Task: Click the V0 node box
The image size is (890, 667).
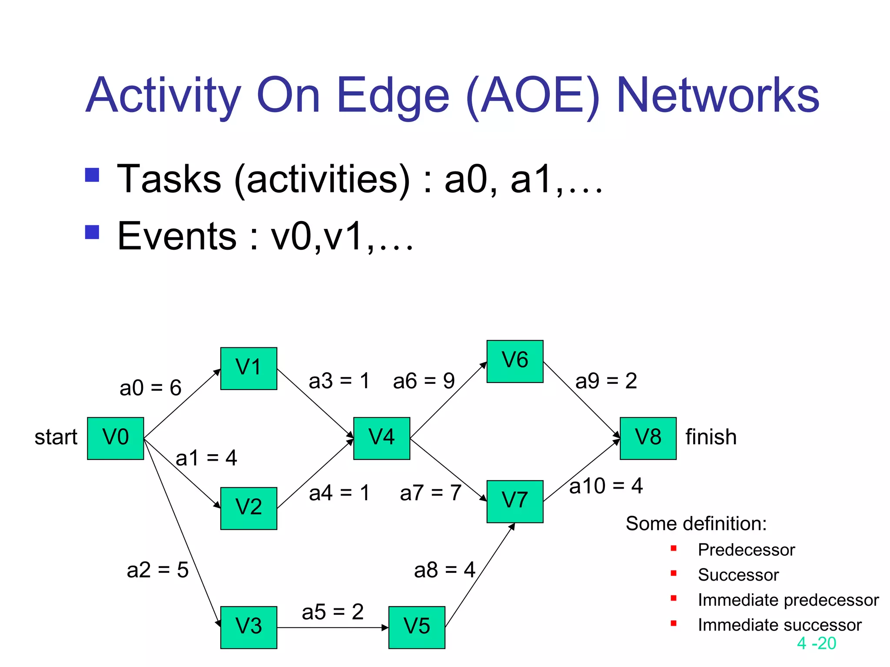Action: click(x=115, y=438)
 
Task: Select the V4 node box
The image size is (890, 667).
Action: click(x=382, y=438)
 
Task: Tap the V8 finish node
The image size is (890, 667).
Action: click(x=648, y=438)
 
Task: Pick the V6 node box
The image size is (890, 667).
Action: click(x=515, y=361)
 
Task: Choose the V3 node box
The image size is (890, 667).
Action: click(x=249, y=627)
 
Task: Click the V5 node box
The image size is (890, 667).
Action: click(x=416, y=627)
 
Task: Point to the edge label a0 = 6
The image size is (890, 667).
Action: click(x=150, y=388)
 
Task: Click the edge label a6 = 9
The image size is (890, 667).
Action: click(x=424, y=381)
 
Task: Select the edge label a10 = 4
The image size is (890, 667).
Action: click(x=606, y=486)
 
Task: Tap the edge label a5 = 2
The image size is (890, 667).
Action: click(x=332, y=612)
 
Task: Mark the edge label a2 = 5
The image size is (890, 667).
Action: click(x=157, y=570)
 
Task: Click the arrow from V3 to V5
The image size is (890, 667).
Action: click(x=332, y=627)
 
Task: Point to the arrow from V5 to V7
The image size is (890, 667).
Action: click(x=480, y=575)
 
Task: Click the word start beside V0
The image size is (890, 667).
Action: click(x=56, y=437)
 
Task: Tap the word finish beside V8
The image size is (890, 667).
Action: click(x=711, y=437)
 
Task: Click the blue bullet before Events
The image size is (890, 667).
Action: click(x=92, y=232)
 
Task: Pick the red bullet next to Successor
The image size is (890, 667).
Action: click(x=674, y=573)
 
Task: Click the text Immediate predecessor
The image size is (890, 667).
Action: click(x=788, y=600)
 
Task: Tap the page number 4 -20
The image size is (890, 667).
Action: click(x=816, y=643)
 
